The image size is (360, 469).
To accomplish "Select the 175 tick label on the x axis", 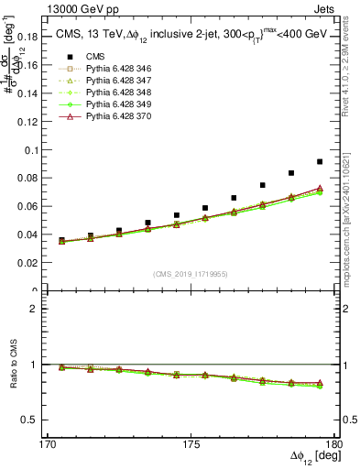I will coord(191,444).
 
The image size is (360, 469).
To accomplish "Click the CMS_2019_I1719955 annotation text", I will coord(191,274).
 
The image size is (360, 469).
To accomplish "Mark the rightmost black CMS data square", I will coord(320,162).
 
